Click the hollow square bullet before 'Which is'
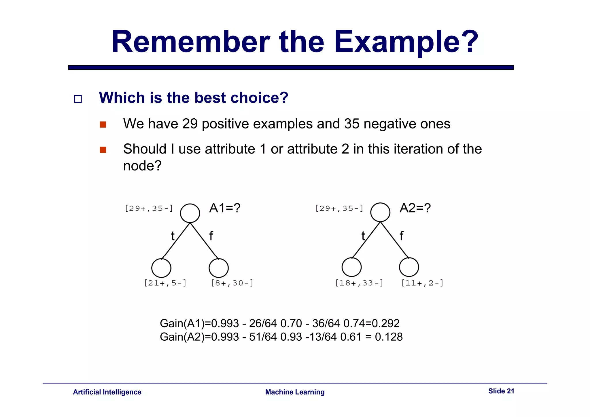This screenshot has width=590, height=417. (x=78, y=99)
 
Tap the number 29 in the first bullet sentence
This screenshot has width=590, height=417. (x=190, y=124)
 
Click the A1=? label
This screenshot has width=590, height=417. (x=225, y=208)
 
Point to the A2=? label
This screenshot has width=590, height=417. (x=415, y=208)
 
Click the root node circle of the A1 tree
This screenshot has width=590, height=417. (x=190, y=213)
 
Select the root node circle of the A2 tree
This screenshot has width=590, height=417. (x=380, y=212)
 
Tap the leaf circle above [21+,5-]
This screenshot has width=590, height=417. (x=161, y=268)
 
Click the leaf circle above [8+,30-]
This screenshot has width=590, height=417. (x=219, y=268)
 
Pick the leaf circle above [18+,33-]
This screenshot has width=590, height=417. (x=351, y=267)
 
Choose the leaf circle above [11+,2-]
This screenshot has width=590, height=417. (x=409, y=267)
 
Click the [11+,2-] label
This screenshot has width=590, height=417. (x=422, y=283)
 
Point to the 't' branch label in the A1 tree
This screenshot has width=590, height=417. (x=173, y=236)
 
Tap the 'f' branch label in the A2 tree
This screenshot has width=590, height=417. (x=401, y=236)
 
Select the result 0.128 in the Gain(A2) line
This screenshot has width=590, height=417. (x=389, y=337)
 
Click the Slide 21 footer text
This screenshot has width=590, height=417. (x=501, y=391)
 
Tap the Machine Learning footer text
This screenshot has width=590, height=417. (x=295, y=392)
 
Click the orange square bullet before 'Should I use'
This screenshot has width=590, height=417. (x=103, y=150)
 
